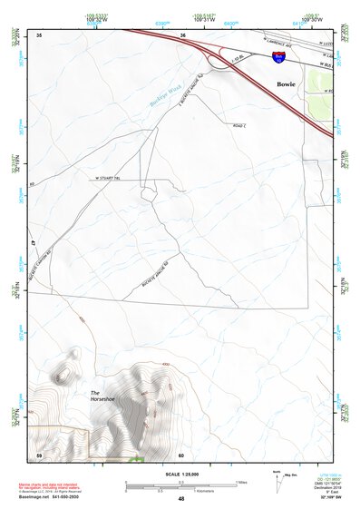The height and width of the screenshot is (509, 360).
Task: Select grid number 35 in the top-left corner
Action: [x=39, y=35]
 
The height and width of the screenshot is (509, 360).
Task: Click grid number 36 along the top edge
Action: [x=182, y=35]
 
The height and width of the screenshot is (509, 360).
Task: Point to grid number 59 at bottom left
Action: [x=39, y=455]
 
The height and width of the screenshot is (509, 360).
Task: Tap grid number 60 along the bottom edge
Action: [x=181, y=455]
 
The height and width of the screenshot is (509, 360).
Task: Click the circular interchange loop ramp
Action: [x=219, y=61]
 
